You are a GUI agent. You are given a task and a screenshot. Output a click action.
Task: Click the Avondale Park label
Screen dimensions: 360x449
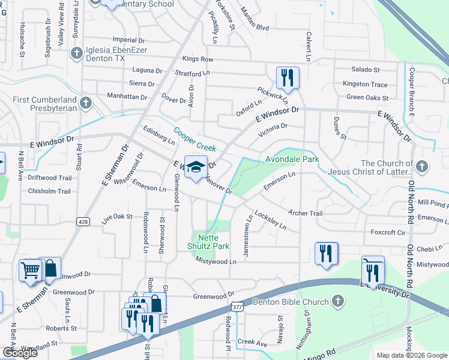(292, 160)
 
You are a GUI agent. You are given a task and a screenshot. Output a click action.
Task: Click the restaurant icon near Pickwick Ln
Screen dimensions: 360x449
(288, 77)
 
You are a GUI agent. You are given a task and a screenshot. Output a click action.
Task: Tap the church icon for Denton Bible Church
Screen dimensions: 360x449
(338, 302)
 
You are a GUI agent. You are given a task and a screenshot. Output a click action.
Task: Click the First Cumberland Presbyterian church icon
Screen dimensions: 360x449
(85, 103)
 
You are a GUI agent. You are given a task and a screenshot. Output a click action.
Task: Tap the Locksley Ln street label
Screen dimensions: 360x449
(270, 220)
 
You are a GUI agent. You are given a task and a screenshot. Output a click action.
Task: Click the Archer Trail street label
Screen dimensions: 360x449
(305, 213)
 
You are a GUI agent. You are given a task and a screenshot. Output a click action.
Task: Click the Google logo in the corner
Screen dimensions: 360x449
(19, 353)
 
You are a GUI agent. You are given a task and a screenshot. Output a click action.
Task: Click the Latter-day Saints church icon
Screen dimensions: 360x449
(422, 166)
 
